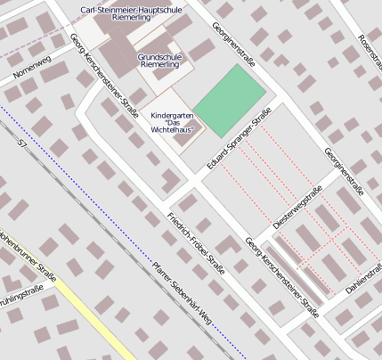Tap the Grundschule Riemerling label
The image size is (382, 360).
(x=160, y=61)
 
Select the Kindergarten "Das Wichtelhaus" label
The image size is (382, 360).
(x=172, y=122)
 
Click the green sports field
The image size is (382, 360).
(x=230, y=100)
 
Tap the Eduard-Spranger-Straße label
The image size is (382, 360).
(x=238, y=140)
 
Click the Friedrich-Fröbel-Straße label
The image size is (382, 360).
(x=195, y=242)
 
